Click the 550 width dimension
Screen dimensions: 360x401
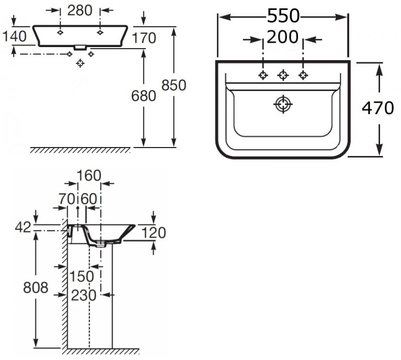[x=283, y=17]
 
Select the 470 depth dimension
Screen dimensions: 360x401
[x=377, y=108]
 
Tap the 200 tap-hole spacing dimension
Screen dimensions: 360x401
[x=282, y=37]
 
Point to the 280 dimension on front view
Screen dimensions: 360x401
[x=81, y=10]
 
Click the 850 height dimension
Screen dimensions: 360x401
[x=174, y=85]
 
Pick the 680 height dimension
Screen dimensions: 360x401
[x=144, y=96]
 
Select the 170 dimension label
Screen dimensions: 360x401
[x=144, y=38]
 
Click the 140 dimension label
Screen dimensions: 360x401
[x=14, y=37]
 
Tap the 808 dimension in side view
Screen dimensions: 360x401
[x=36, y=287]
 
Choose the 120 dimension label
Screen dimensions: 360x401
[x=154, y=233]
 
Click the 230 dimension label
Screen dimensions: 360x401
[x=84, y=295]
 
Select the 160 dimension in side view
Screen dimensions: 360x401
[x=88, y=176]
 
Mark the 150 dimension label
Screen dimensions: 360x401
[x=82, y=276]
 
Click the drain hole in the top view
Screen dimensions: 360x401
[x=283, y=104]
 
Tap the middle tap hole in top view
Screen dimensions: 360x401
[x=283, y=75]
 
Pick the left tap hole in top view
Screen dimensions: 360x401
[x=263, y=75]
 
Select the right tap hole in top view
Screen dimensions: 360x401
[x=303, y=75]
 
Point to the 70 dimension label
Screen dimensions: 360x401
[x=67, y=199]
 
